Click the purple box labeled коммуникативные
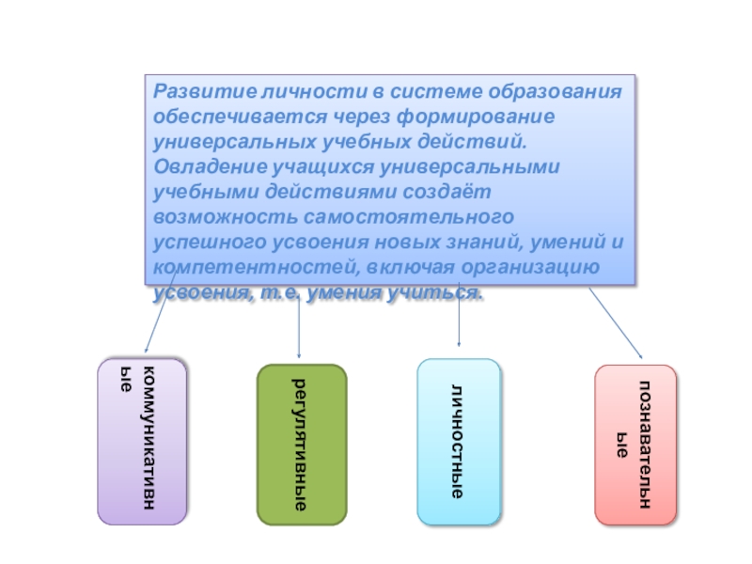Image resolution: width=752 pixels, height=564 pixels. pyautogui.click(x=143, y=440)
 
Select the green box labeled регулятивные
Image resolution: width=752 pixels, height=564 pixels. pyautogui.click(x=302, y=443)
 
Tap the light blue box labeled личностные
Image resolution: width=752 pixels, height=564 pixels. pyautogui.click(x=459, y=441)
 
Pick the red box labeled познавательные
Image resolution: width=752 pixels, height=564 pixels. pyautogui.click(x=634, y=444)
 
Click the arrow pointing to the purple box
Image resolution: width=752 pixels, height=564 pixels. pyautogui.click(x=160, y=315)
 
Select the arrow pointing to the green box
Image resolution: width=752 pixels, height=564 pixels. pyautogui.click(x=298, y=324)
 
